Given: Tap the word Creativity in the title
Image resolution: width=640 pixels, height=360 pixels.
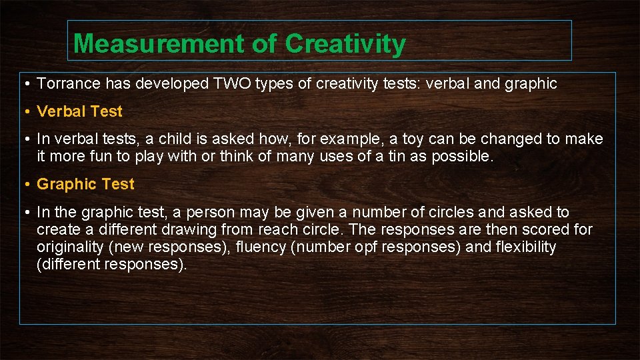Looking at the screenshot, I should tap(345, 44).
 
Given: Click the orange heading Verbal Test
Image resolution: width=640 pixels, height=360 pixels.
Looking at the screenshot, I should tap(80, 111).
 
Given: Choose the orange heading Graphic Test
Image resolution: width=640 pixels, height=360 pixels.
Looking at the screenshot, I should tap(85, 184).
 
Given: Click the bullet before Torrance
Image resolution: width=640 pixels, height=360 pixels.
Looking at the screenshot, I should tap(25, 84).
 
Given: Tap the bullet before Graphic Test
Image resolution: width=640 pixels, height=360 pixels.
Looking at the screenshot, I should tap(25, 185).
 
